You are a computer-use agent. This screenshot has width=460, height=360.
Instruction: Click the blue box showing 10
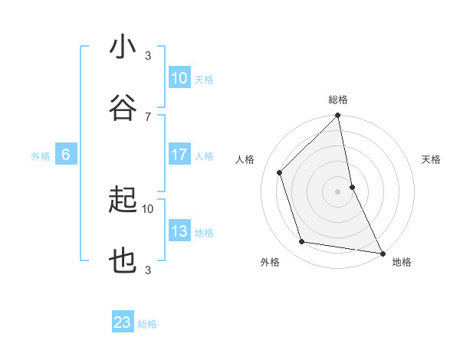[x=179, y=77]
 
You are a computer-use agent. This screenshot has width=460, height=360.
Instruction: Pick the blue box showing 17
[x=179, y=155]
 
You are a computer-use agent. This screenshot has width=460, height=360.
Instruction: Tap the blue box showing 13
[x=179, y=231]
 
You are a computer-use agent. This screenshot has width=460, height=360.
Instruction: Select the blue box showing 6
[x=66, y=155]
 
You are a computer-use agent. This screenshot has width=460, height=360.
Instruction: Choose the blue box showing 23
[x=123, y=322]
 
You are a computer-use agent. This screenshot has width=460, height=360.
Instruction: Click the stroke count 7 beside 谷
[x=148, y=116]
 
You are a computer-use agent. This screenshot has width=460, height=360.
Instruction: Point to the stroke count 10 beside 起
[x=148, y=208]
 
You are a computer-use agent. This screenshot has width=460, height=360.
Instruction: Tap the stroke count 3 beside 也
[x=148, y=270]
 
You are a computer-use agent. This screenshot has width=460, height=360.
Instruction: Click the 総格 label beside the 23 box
[x=147, y=324]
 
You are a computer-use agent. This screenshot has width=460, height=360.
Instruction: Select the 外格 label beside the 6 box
[x=41, y=156]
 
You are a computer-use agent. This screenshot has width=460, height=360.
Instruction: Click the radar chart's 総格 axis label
[x=338, y=100]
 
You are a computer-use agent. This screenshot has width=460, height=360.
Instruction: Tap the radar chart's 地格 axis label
[x=402, y=263]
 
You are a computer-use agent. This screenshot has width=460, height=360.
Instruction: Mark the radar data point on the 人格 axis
[x=280, y=172]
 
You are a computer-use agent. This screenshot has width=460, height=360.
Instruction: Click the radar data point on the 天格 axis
[x=352, y=187]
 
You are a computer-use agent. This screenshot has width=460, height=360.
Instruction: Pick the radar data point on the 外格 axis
[x=302, y=242]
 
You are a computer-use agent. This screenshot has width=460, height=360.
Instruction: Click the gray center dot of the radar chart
[x=338, y=191]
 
